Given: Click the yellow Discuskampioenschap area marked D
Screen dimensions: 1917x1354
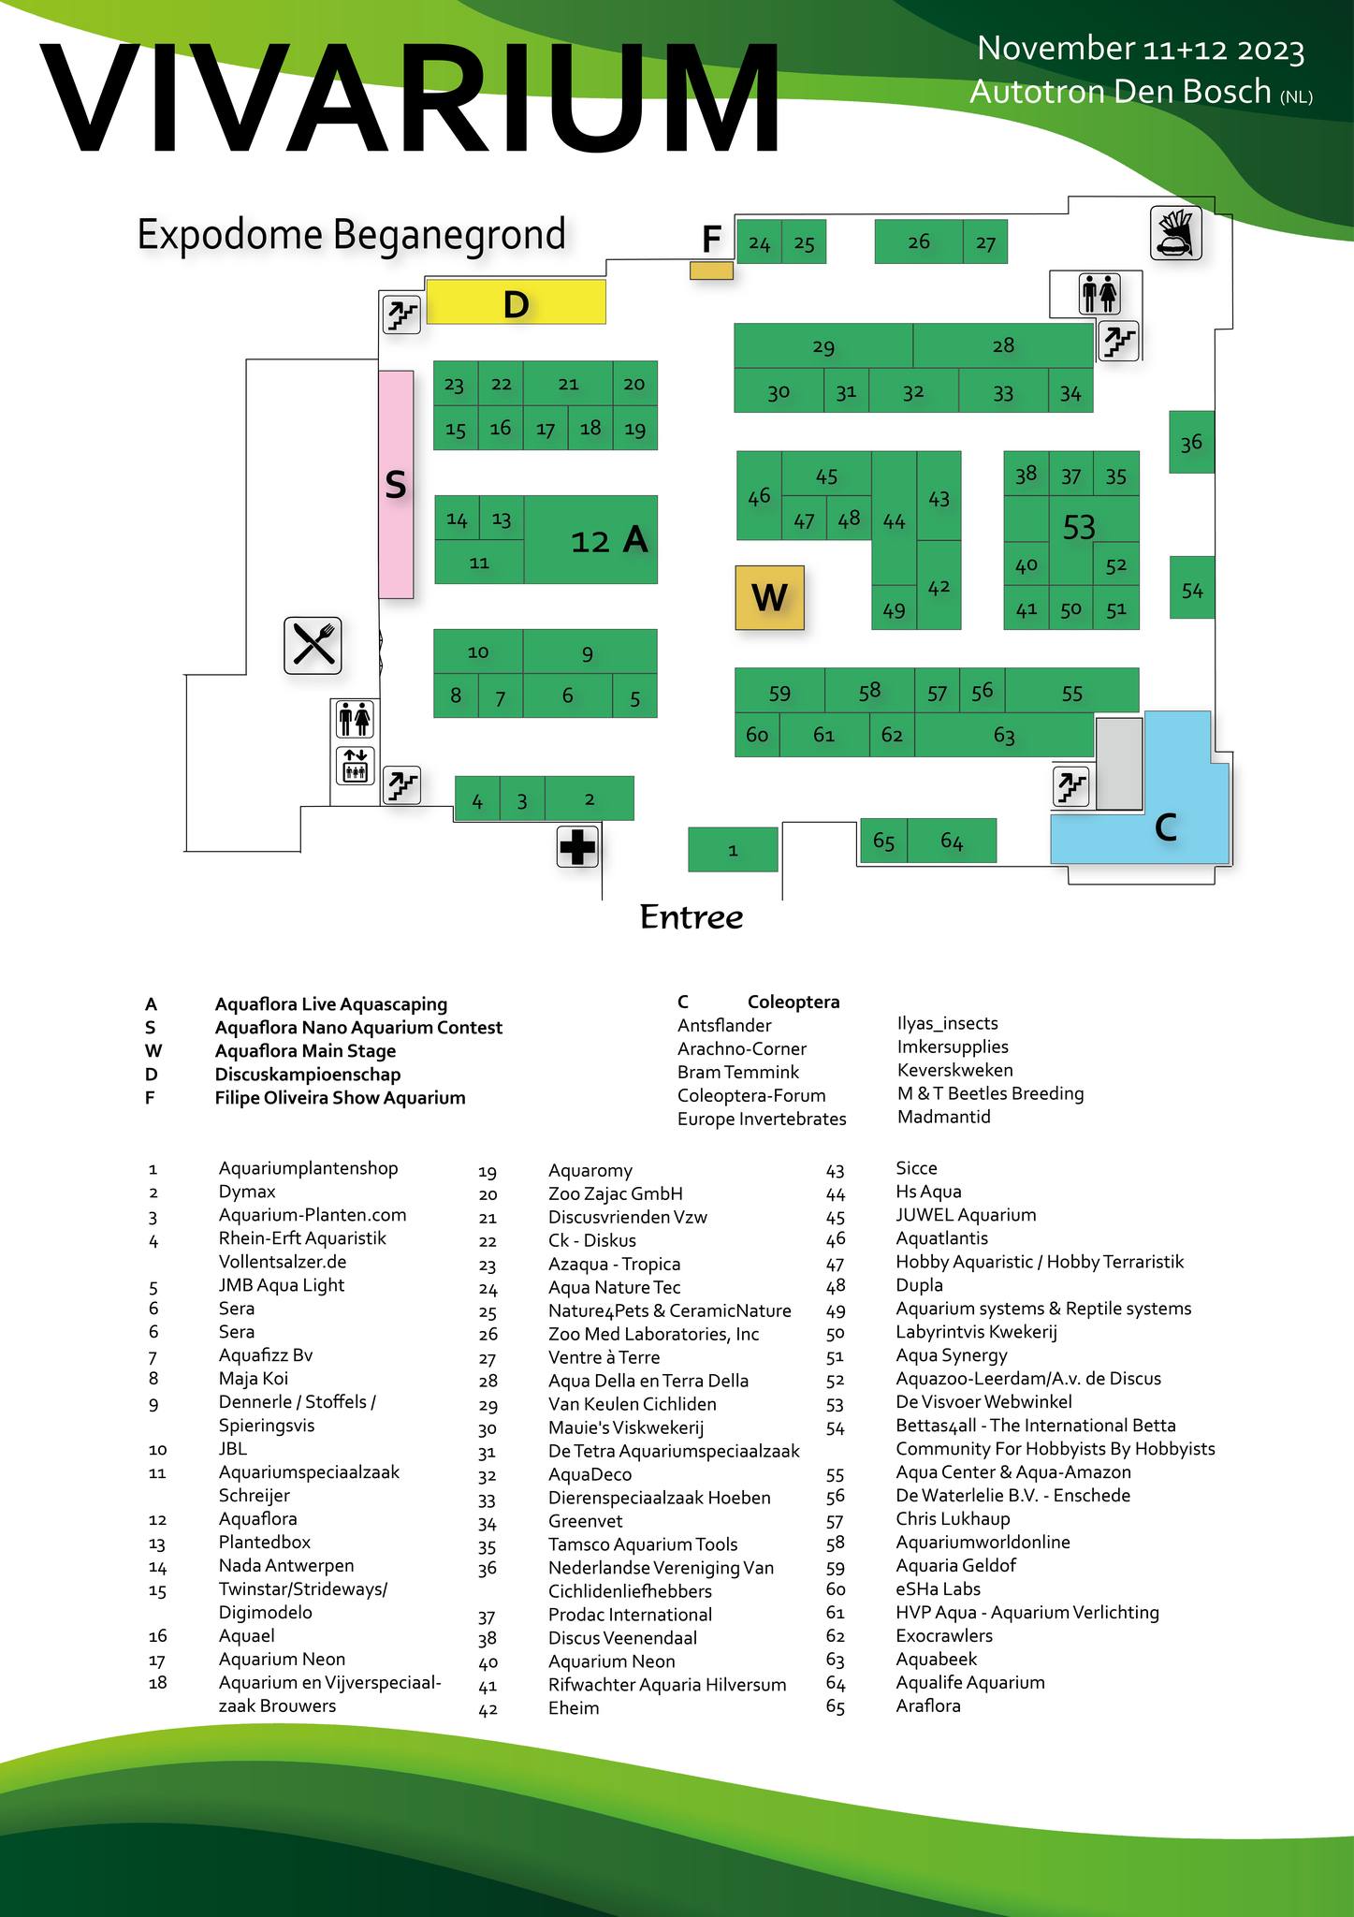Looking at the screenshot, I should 516,302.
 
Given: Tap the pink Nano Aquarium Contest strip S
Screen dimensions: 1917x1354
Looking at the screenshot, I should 396,484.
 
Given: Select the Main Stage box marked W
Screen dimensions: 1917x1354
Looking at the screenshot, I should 769,597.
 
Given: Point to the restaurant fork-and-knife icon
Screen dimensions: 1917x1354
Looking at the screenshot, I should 313,644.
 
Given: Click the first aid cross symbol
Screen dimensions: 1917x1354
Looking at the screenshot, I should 577,848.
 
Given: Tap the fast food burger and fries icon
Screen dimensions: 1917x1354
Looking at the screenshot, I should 1176,235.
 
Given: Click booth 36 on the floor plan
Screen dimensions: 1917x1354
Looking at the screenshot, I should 1191,442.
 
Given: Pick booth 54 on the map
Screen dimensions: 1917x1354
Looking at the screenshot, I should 1192,588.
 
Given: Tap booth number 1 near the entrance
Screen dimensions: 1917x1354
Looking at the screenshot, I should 733,850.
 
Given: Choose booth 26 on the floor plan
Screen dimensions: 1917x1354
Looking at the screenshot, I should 918,241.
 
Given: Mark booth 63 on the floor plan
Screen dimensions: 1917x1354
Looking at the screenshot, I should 1003,735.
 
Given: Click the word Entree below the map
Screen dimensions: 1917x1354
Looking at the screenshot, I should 691,917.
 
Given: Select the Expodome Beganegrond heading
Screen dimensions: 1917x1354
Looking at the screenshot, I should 351,234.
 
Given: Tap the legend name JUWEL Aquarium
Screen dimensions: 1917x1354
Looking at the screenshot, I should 966,1215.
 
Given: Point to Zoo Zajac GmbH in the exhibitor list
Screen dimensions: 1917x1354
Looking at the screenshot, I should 615,1193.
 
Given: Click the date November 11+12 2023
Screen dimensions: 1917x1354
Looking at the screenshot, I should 1141,49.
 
